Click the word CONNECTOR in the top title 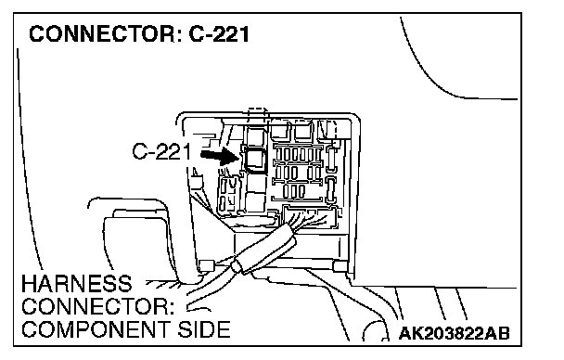point(102,34)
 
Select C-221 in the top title point(219,34)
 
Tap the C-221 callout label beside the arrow point(161,151)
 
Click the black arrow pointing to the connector point(220,157)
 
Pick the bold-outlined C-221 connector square point(255,160)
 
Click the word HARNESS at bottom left point(77,284)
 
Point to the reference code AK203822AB point(454,333)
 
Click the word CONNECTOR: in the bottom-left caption point(97,307)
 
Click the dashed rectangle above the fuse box point(258,116)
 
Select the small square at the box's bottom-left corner point(206,265)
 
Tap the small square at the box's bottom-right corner point(340,266)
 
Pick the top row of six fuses point(298,155)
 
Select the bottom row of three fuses point(294,191)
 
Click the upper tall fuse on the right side point(332,160)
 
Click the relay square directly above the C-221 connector point(255,135)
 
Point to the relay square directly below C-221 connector point(256,184)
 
